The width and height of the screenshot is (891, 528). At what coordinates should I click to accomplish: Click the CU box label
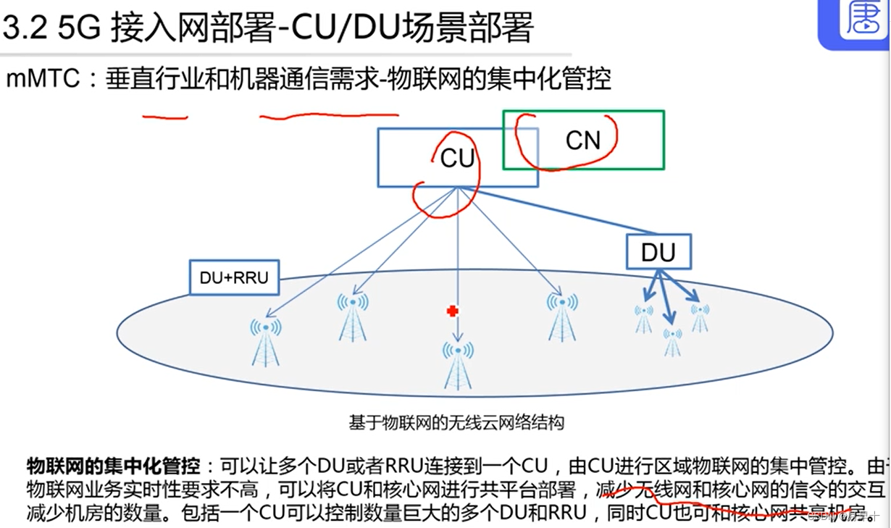coord(457,158)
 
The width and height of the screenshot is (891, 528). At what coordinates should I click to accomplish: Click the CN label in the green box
coord(583,141)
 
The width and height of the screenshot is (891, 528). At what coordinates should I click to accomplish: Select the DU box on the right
coord(658,252)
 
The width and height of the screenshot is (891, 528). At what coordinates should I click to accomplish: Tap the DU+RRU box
coord(234,277)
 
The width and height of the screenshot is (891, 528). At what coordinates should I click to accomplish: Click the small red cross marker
coord(453,311)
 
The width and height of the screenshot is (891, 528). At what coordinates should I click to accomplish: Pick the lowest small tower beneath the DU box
coord(673,342)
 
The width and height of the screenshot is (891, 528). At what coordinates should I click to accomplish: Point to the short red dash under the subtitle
coord(164,117)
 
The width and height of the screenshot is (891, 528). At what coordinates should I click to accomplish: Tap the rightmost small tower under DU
coord(700,317)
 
